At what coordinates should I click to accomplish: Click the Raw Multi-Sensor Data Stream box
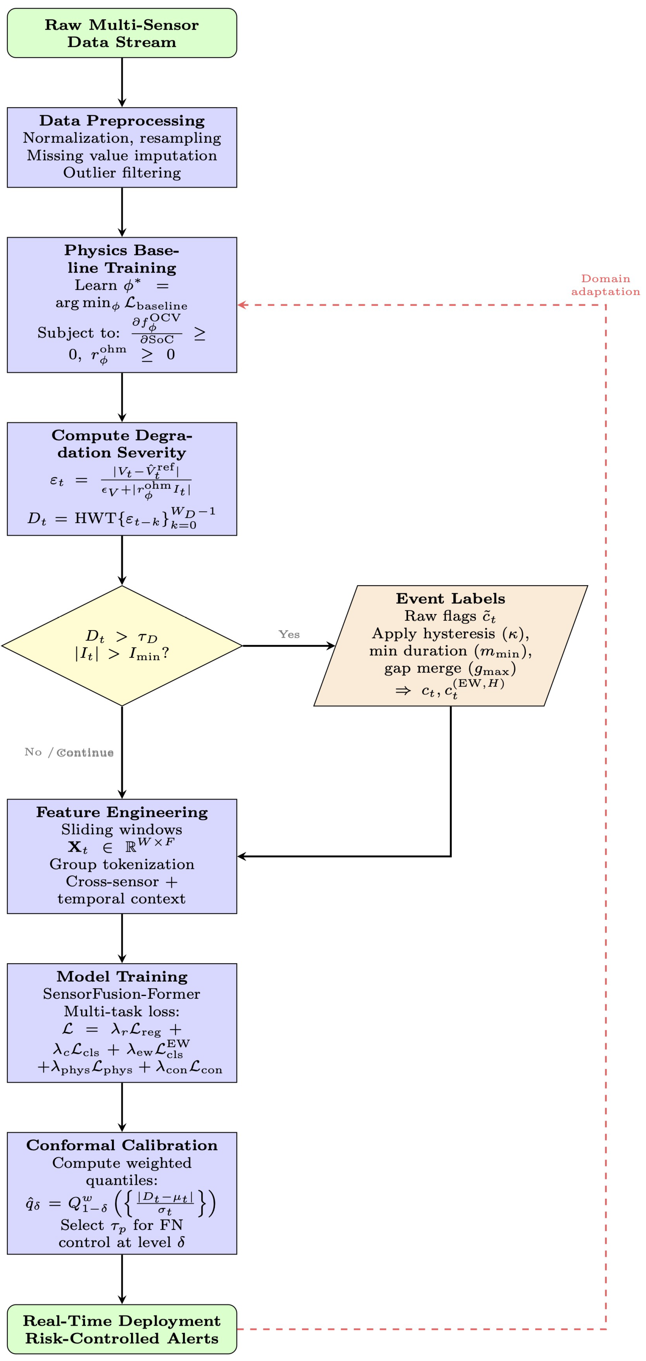[x=122, y=33]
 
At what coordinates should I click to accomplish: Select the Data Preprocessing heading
[x=122, y=121]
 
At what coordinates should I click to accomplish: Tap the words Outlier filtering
[x=122, y=173]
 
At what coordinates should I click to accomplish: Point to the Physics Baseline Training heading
[x=122, y=259]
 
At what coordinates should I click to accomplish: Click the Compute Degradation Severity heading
[x=122, y=444]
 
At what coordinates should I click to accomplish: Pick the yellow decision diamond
[x=122, y=646]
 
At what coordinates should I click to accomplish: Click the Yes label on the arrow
[x=289, y=634]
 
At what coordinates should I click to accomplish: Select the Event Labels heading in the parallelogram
[x=450, y=599]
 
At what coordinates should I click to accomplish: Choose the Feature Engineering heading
[x=122, y=812]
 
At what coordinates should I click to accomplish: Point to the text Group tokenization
[x=122, y=864]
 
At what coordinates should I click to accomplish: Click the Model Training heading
[x=122, y=976]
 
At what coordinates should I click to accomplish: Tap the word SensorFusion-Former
[x=122, y=994]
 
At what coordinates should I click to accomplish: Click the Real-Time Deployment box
[x=122, y=1329]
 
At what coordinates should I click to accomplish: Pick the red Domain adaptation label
[x=605, y=285]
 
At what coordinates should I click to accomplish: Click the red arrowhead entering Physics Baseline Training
[x=242, y=305]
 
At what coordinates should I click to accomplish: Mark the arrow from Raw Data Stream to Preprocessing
[x=122, y=82]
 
